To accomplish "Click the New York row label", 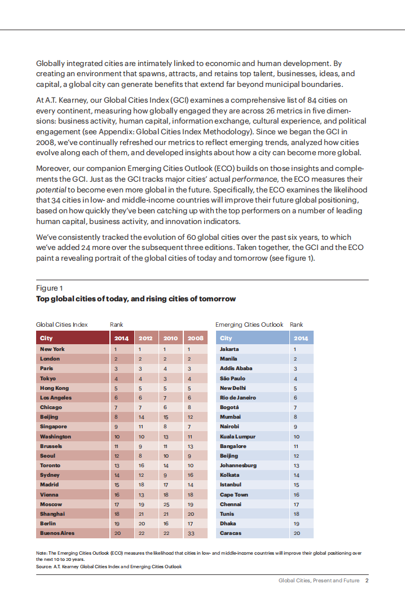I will click(x=52, y=349).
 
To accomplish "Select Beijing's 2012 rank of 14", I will click(x=141, y=417).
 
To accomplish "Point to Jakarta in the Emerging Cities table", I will click(x=229, y=349).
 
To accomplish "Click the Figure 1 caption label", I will click(x=50, y=288).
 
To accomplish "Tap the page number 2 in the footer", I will click(x=367, y=581).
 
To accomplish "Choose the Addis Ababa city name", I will click(x=236, y=368).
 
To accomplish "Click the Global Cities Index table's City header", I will click(x=46, y=339).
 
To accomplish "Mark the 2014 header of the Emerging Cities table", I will click(x=301, y=339).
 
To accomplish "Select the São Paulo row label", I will click(x=232, y=378).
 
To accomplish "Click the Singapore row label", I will click(x=53, y=427).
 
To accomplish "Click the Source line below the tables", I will click(x=109, y=567).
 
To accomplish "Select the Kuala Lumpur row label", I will click(x=237, y=437).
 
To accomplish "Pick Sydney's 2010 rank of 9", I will click(x=166, y=475).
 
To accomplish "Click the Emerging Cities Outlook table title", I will click(x=249, y=324).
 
